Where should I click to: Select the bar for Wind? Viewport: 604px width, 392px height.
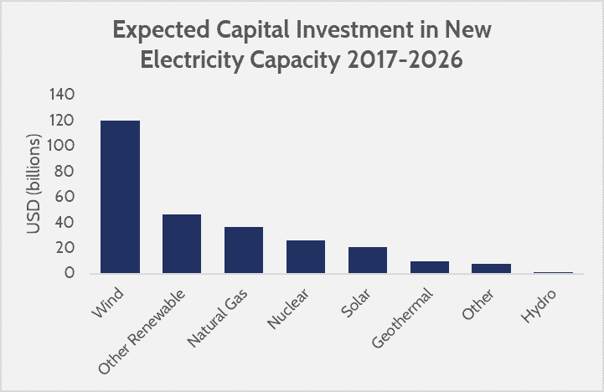pyautogui.click(x=120, y=197)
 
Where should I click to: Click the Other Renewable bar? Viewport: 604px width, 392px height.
pyautogui.click(x=182, y=244)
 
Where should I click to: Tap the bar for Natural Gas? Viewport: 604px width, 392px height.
pyautogui.click(x=244, y=250)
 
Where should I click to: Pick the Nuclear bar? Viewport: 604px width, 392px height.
pyautogui.click(x=306, y=256)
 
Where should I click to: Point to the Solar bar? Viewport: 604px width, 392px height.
pyautogui.click(x=368, y=260)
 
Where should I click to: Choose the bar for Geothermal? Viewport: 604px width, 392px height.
pyautogui.click(x=430, y=267)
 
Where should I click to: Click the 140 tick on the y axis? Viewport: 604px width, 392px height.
pyautogui.click(x=65, y=95)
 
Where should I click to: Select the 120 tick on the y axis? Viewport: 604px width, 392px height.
pyautogui.click(x=65, y=121)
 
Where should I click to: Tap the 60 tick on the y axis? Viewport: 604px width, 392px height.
pyautogui.click(x=68, y=197)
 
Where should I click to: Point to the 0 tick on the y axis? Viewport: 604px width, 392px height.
pyautogui.click(x=71, y=273)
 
